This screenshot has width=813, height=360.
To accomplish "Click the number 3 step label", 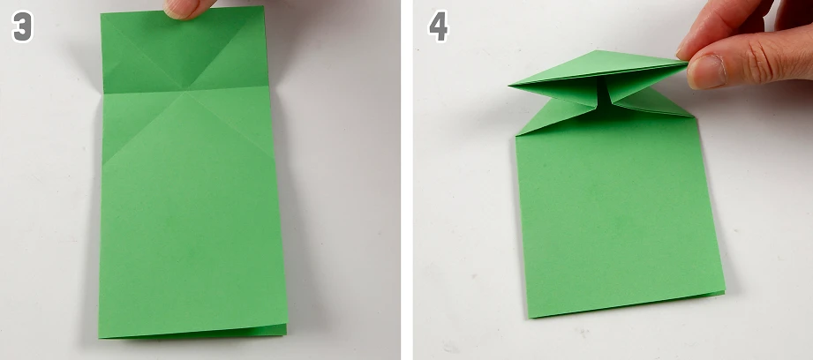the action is point(22,27).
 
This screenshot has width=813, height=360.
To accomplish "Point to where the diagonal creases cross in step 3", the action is point(187,91).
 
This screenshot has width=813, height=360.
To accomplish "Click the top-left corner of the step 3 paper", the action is point(102,14).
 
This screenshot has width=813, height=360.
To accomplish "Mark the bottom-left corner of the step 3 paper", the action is point(99,338).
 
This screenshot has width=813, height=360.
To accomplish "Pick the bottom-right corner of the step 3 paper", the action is point(287,334).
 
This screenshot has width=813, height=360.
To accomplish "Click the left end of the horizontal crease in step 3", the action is point(103,94).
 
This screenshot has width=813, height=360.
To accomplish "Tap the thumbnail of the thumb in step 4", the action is point(706,71).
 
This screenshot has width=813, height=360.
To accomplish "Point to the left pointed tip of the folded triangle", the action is point(510,84).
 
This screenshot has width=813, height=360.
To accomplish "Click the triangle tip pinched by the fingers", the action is point(686,64).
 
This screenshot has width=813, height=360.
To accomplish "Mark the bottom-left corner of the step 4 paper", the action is point(529,317).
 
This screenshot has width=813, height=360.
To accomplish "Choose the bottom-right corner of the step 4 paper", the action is point(724,293).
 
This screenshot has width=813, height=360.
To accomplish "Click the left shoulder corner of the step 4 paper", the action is point(516,136).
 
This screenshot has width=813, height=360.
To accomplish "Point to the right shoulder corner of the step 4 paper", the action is point(694,116).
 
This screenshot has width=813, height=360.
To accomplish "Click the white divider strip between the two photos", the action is point(406,180).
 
